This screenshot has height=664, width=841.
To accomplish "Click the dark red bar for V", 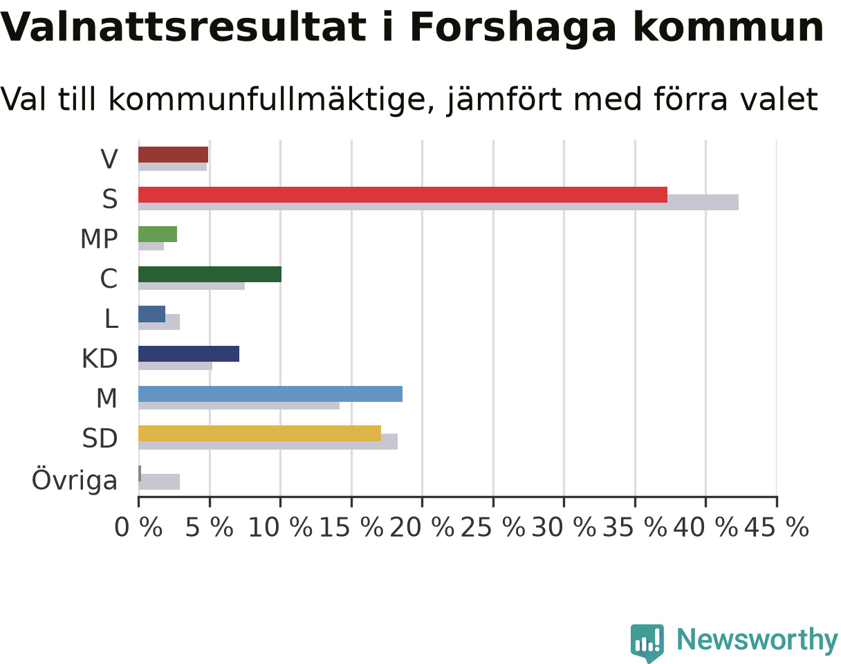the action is (x=173, y=155).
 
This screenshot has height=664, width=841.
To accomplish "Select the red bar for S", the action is (x=403, y=194).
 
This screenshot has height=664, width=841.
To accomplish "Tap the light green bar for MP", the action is (x=158, y=234).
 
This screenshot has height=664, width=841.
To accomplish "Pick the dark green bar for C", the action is (x=210, y=275).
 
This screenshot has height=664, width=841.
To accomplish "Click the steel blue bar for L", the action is (x=151, y=314).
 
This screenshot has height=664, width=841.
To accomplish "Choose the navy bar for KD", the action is (x=189, y=353).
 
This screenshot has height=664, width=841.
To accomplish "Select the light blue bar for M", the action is (x=270, y=394).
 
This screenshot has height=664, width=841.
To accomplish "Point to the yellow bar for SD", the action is (x=259, y=434).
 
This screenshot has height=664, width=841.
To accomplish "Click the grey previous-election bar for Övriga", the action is (x=159, y=481).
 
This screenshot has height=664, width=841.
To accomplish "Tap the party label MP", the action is (x=99, y=239).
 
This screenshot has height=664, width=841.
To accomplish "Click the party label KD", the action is (x=100, y=359).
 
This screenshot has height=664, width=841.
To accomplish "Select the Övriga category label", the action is (x=75, y=480).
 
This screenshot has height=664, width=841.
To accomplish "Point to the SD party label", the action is (x=100, y=438).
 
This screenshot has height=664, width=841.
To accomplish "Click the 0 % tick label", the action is (x=138, y=527).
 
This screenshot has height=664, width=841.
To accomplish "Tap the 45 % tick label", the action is (x=777, y=527).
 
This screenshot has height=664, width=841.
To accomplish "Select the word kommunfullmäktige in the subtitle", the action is (x=271, y=100).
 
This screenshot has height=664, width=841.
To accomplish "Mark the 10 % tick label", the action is (x=281, y=527).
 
